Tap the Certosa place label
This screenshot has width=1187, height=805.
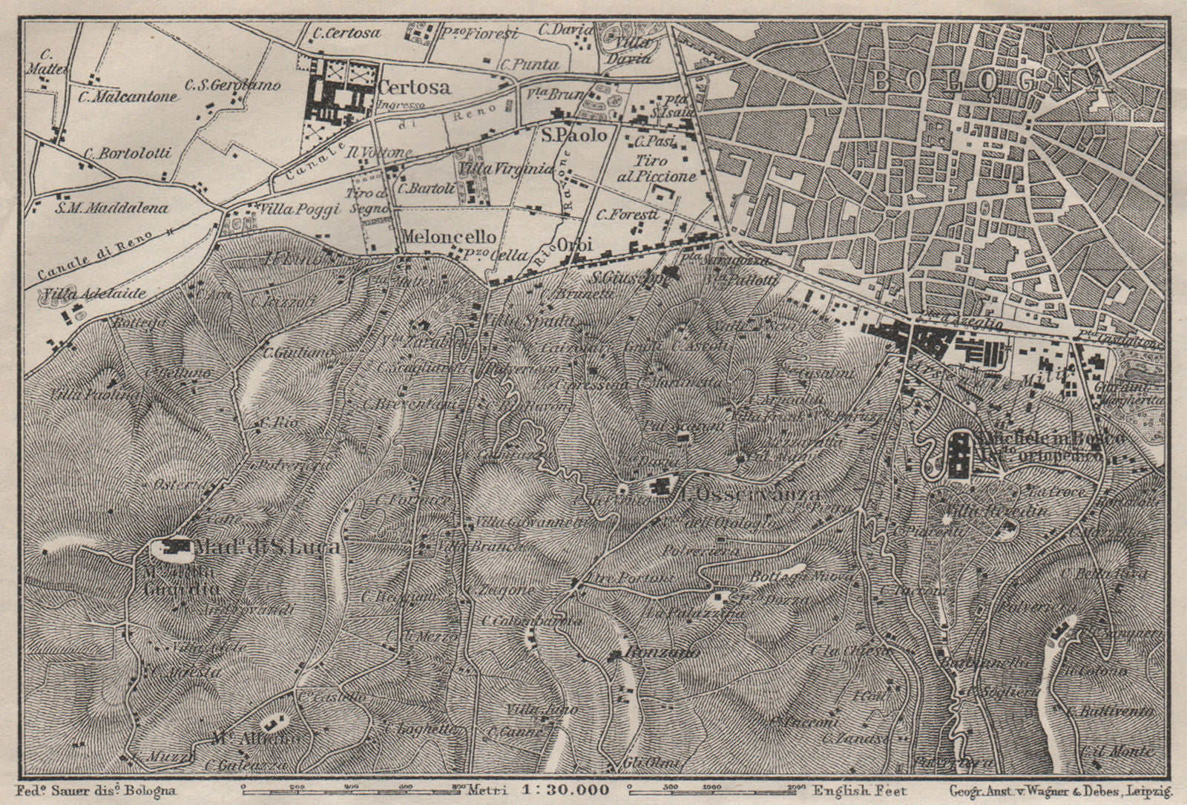(413, 88)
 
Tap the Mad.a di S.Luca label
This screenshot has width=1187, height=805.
(267, 548)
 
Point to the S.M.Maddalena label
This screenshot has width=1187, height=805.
(111, 208)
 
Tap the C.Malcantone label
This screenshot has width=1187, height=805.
(131, 96)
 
